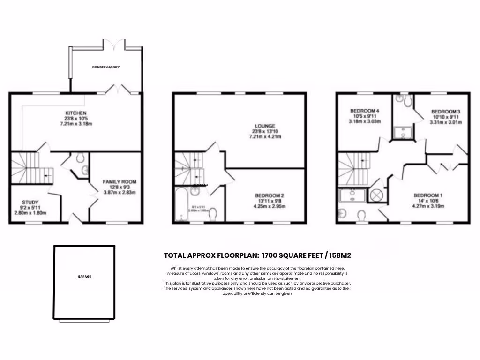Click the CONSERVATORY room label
pyautogui.click(x=105, y=67)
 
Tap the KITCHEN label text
pyautogui.click(x=75, y=113)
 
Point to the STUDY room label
pyautogui.click(x=30, y=202)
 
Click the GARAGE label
pyautogui.click(x=84, y=277)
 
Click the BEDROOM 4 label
pyautogui.click(x=364, y=111)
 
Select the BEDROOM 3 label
pyautogui.click(x=446, y=111)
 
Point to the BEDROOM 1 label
pyautogui.click(x=427, y=195)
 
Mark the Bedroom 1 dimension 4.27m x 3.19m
pyautogui.click(x=427, y=206)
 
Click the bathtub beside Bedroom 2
pyautogui.click(x=180, y=204)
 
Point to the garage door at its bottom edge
pyautogui.click(x=84, y=321)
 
